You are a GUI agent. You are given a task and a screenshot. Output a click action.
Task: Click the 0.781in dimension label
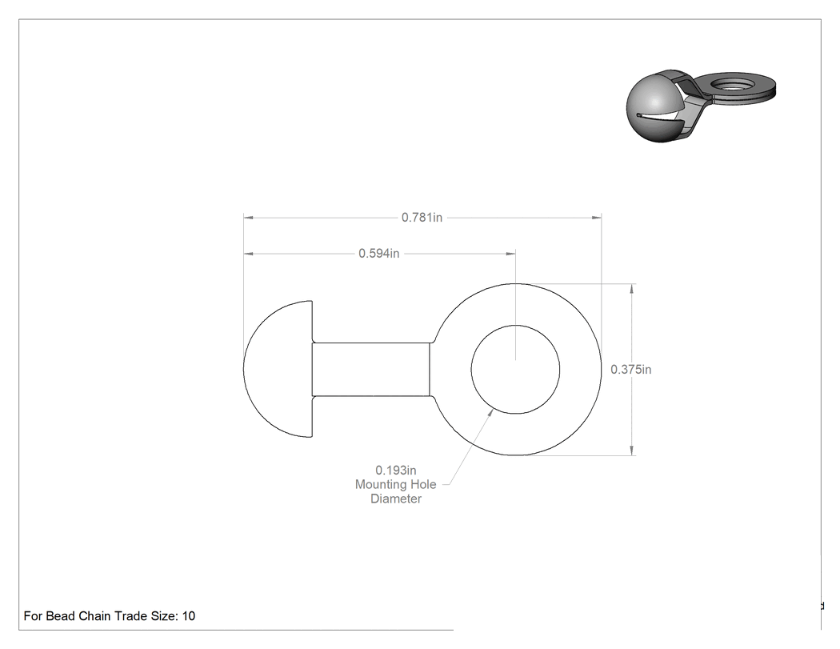pyautogui.click(x=422, y=217)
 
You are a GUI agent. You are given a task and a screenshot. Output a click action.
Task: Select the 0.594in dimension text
pyautogui.click(x=378, y=253)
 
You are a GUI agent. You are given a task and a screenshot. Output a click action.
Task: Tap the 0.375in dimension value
pyautogui.click(x=631, y=369)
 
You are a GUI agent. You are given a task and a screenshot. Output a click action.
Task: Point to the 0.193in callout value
pyautogui.click(x=395, y=470)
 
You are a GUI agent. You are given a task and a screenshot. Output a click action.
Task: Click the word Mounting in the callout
pyautogui.click(x=380, y=484)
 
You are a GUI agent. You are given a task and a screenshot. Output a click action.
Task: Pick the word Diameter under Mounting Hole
pyautogui.click(x=396, y=499)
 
